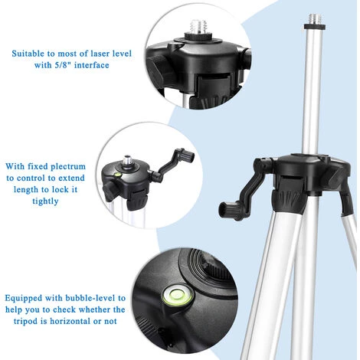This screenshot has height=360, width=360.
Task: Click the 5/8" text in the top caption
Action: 63,65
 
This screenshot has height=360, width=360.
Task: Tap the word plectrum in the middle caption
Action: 68,166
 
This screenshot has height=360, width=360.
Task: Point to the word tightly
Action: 45,201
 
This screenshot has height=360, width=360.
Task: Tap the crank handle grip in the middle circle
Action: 188,155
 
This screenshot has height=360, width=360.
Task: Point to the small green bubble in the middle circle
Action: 118,175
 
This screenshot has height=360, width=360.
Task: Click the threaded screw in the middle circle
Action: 127,161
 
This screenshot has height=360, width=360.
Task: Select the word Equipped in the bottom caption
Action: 23,298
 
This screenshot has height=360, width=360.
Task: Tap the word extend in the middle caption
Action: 71,178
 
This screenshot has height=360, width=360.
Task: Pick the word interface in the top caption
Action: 91,65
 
